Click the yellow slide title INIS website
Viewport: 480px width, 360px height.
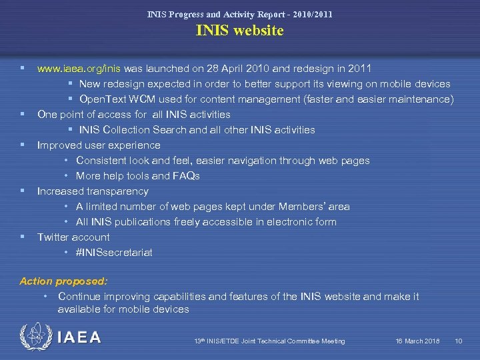[239, 31]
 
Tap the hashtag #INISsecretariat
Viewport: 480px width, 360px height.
[114, 253]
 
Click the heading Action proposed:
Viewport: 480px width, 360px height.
[63, 281]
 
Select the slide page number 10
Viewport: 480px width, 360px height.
[458, 341]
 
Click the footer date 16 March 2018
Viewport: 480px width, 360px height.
[417, 341]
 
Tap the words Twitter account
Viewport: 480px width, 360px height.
[73, 237]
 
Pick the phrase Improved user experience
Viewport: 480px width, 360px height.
[99, 145]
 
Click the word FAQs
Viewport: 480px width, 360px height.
[186, 176]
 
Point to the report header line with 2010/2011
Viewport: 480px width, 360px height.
[239, 14]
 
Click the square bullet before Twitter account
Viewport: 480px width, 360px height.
[23, 237]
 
